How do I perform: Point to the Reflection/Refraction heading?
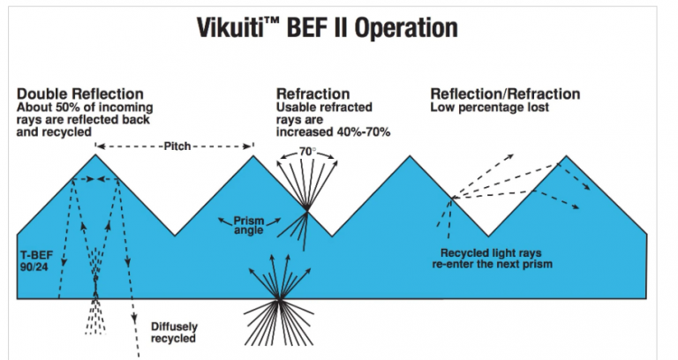tap(505, 94)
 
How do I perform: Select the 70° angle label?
tap(306, 151)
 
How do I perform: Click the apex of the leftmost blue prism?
tap(95, 155)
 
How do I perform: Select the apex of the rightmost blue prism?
tap(567, 155)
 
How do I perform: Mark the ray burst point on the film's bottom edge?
tap(279, 300)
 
